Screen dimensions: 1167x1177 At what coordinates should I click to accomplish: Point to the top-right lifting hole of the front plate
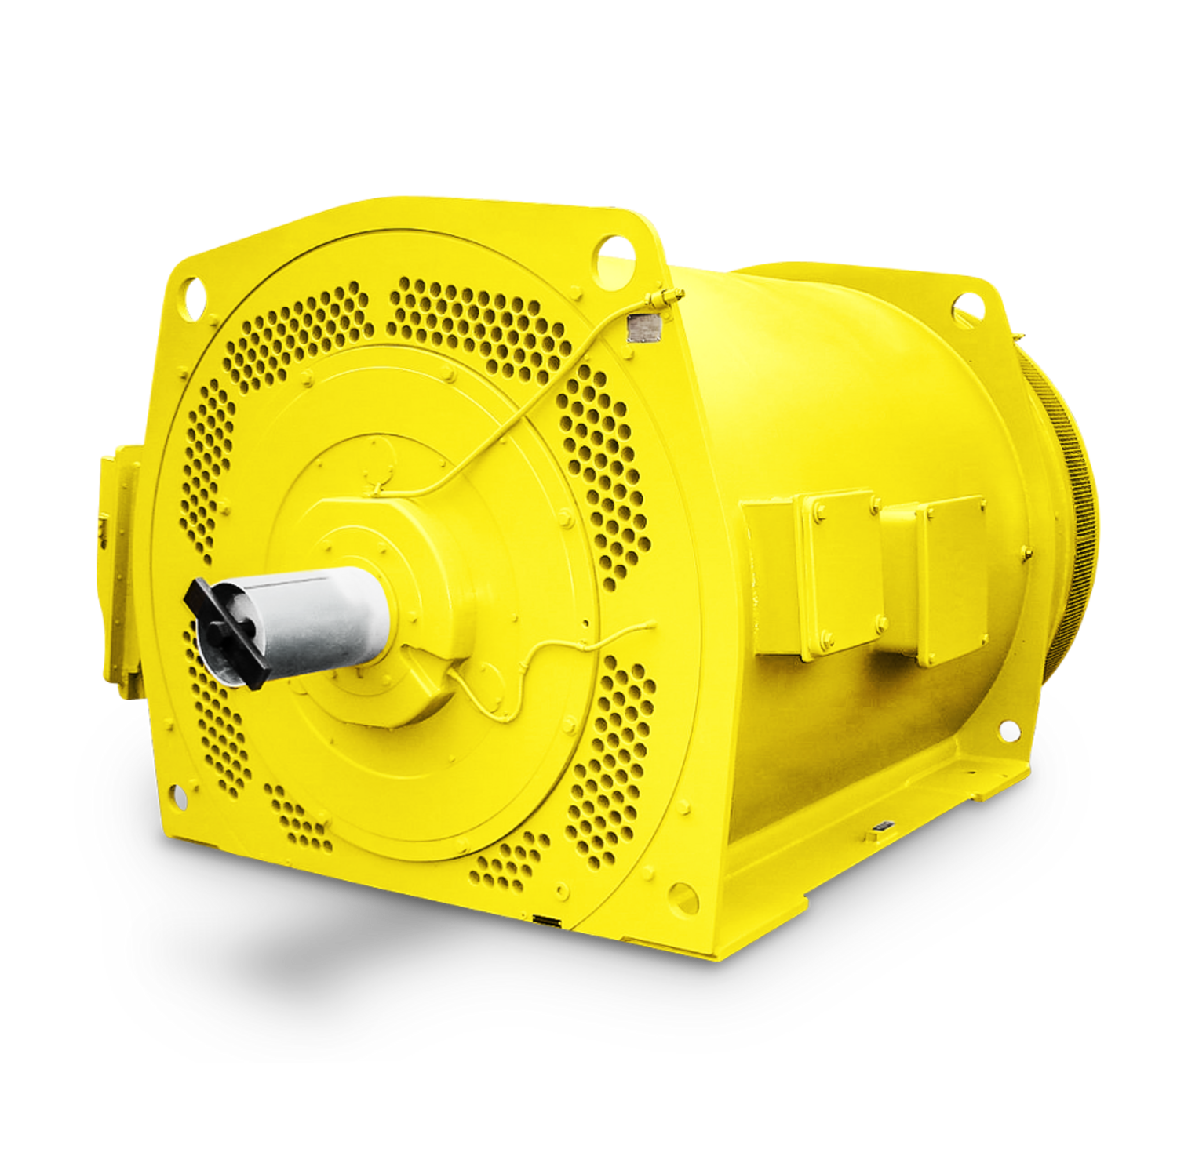(x=612, y=253)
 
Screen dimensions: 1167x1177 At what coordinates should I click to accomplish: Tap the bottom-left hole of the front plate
(x=179, y=798)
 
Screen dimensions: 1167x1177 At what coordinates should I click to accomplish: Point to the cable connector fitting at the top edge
(x=667, y=296)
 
